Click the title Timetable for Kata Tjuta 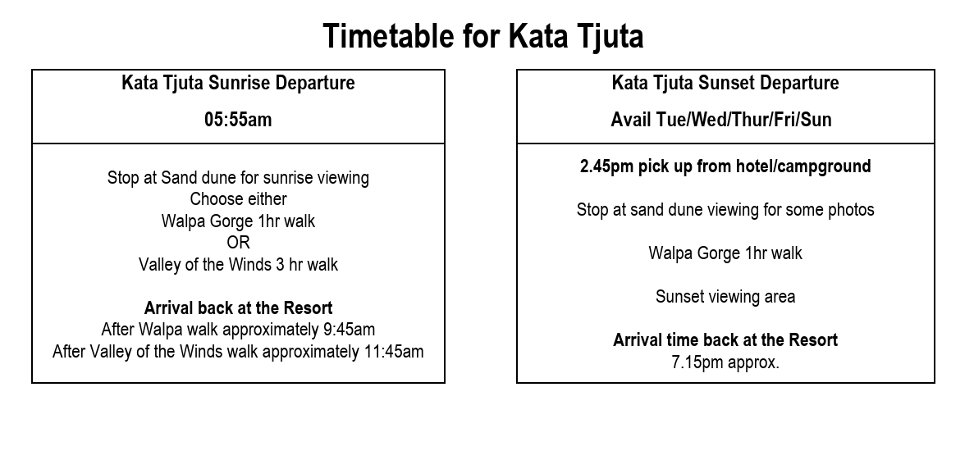pyautogui.click(x=483, y=36)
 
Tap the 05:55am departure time pyautogui.click(x=238, y=120)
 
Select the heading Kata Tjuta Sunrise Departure pyautogui.click(x=238, y=83)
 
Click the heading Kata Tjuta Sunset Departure pyautogui.click(x=725, y=83)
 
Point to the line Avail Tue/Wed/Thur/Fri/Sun pyautogui.click(x=721, y=120)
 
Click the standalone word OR pyautogui.click(x=238, y=243)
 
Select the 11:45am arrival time pyautogui.click(x=394, y=352)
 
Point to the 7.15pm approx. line pyautogui.click(x=725, y=362)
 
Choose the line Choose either pyautogui.click(x=238, y=199)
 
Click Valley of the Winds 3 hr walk pyautogui.click(x=238, y=265)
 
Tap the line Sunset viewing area pyautogui.click(x=725, y=297)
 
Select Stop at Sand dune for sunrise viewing pyautogui.click(x=238, y=178)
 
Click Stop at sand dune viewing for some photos pyautogui.click(x=725, y=210)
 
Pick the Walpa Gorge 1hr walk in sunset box pyautogui.click(x=725, y=253)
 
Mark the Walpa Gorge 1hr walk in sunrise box pyautogui.click(x=238, y=221)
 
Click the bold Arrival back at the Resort pyautogui.click(x=238, y=307)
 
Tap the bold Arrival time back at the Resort pyautogui.click(x=725, y=340)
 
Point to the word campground pyautogui.click(x=823, y=167)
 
